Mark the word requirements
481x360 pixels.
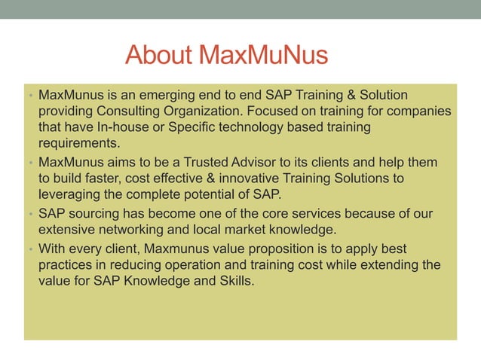coord(79,143)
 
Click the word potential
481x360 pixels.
coord(211,194)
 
